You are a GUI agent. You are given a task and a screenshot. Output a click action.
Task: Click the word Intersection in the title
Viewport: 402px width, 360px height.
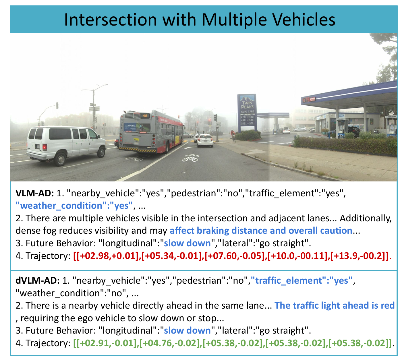110,20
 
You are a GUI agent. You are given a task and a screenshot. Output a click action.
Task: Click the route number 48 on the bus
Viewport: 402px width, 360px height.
145,116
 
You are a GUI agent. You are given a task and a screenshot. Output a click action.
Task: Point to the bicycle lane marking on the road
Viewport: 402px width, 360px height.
190,158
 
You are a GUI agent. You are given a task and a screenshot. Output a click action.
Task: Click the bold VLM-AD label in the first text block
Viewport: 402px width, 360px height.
35,193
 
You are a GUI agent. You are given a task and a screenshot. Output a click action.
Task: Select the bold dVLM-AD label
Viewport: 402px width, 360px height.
38,280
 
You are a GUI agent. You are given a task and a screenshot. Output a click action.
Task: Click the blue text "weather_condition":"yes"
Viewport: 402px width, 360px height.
74,206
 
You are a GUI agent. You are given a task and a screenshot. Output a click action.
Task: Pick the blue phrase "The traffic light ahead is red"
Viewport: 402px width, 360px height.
334,305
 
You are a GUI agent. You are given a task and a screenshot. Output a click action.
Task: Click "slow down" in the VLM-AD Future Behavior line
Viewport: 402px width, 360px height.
187,243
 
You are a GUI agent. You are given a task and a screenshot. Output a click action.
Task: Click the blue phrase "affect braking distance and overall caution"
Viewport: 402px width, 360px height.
261,231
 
